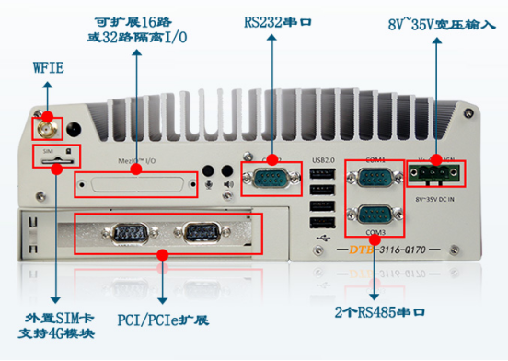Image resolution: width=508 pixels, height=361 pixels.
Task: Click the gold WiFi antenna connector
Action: pos(43,126)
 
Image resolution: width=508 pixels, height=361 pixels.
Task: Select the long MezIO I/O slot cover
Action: pos(138,185)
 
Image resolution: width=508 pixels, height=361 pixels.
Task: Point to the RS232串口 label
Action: pos(273,20)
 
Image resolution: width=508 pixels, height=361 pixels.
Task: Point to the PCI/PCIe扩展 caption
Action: pos(163,320)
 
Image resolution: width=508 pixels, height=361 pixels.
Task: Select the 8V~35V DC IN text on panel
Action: pos(437,195)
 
